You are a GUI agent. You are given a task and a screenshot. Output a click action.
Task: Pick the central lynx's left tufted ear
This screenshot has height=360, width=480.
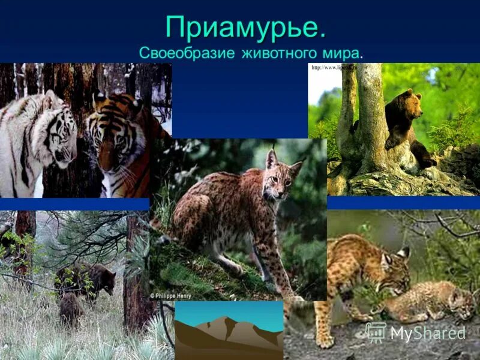point(271,158)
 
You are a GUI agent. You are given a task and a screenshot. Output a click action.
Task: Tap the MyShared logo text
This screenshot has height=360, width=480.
point(428,334)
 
